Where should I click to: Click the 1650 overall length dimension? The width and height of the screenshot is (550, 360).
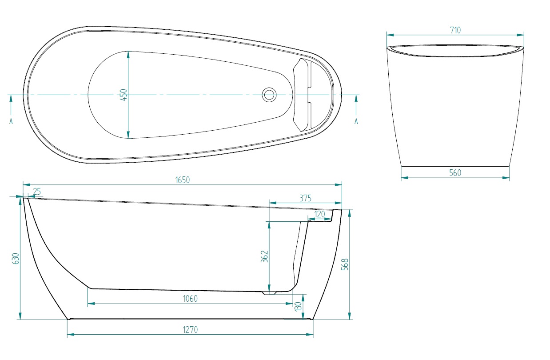tap(183, 180)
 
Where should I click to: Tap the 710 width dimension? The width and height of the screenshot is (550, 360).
tap(455, 30)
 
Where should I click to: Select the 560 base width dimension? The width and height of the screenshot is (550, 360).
tap(455, 173)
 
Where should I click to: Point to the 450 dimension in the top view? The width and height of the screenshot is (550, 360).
tap(124, 95)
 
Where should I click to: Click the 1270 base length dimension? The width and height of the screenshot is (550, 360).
tap(190, 329)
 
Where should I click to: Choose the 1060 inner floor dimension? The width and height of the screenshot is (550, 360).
tap(190, 299)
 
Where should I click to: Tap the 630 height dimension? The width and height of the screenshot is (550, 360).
tap(16, 258)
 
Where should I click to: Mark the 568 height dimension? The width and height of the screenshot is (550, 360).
tap(345, 264)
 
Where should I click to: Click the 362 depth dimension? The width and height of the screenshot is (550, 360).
tap(264, 256)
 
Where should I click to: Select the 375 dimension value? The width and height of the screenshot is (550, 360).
tap(305, 198)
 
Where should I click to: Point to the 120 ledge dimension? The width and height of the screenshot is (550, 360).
tap(319, 214)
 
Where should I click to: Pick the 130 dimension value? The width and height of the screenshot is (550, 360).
tap(298, 307)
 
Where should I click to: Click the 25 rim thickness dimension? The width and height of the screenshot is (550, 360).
tap(36, 191)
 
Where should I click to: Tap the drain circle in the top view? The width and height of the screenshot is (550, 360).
tap(269, 95)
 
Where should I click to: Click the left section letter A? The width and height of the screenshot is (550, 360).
tap(11, 121)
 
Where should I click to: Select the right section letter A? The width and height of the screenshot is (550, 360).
tap(356, 121)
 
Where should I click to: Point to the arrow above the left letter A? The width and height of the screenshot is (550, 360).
tap(11, 105)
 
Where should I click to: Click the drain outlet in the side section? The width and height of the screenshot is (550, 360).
tap(269, 293)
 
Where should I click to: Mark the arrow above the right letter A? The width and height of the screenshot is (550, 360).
tap(356, 105)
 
